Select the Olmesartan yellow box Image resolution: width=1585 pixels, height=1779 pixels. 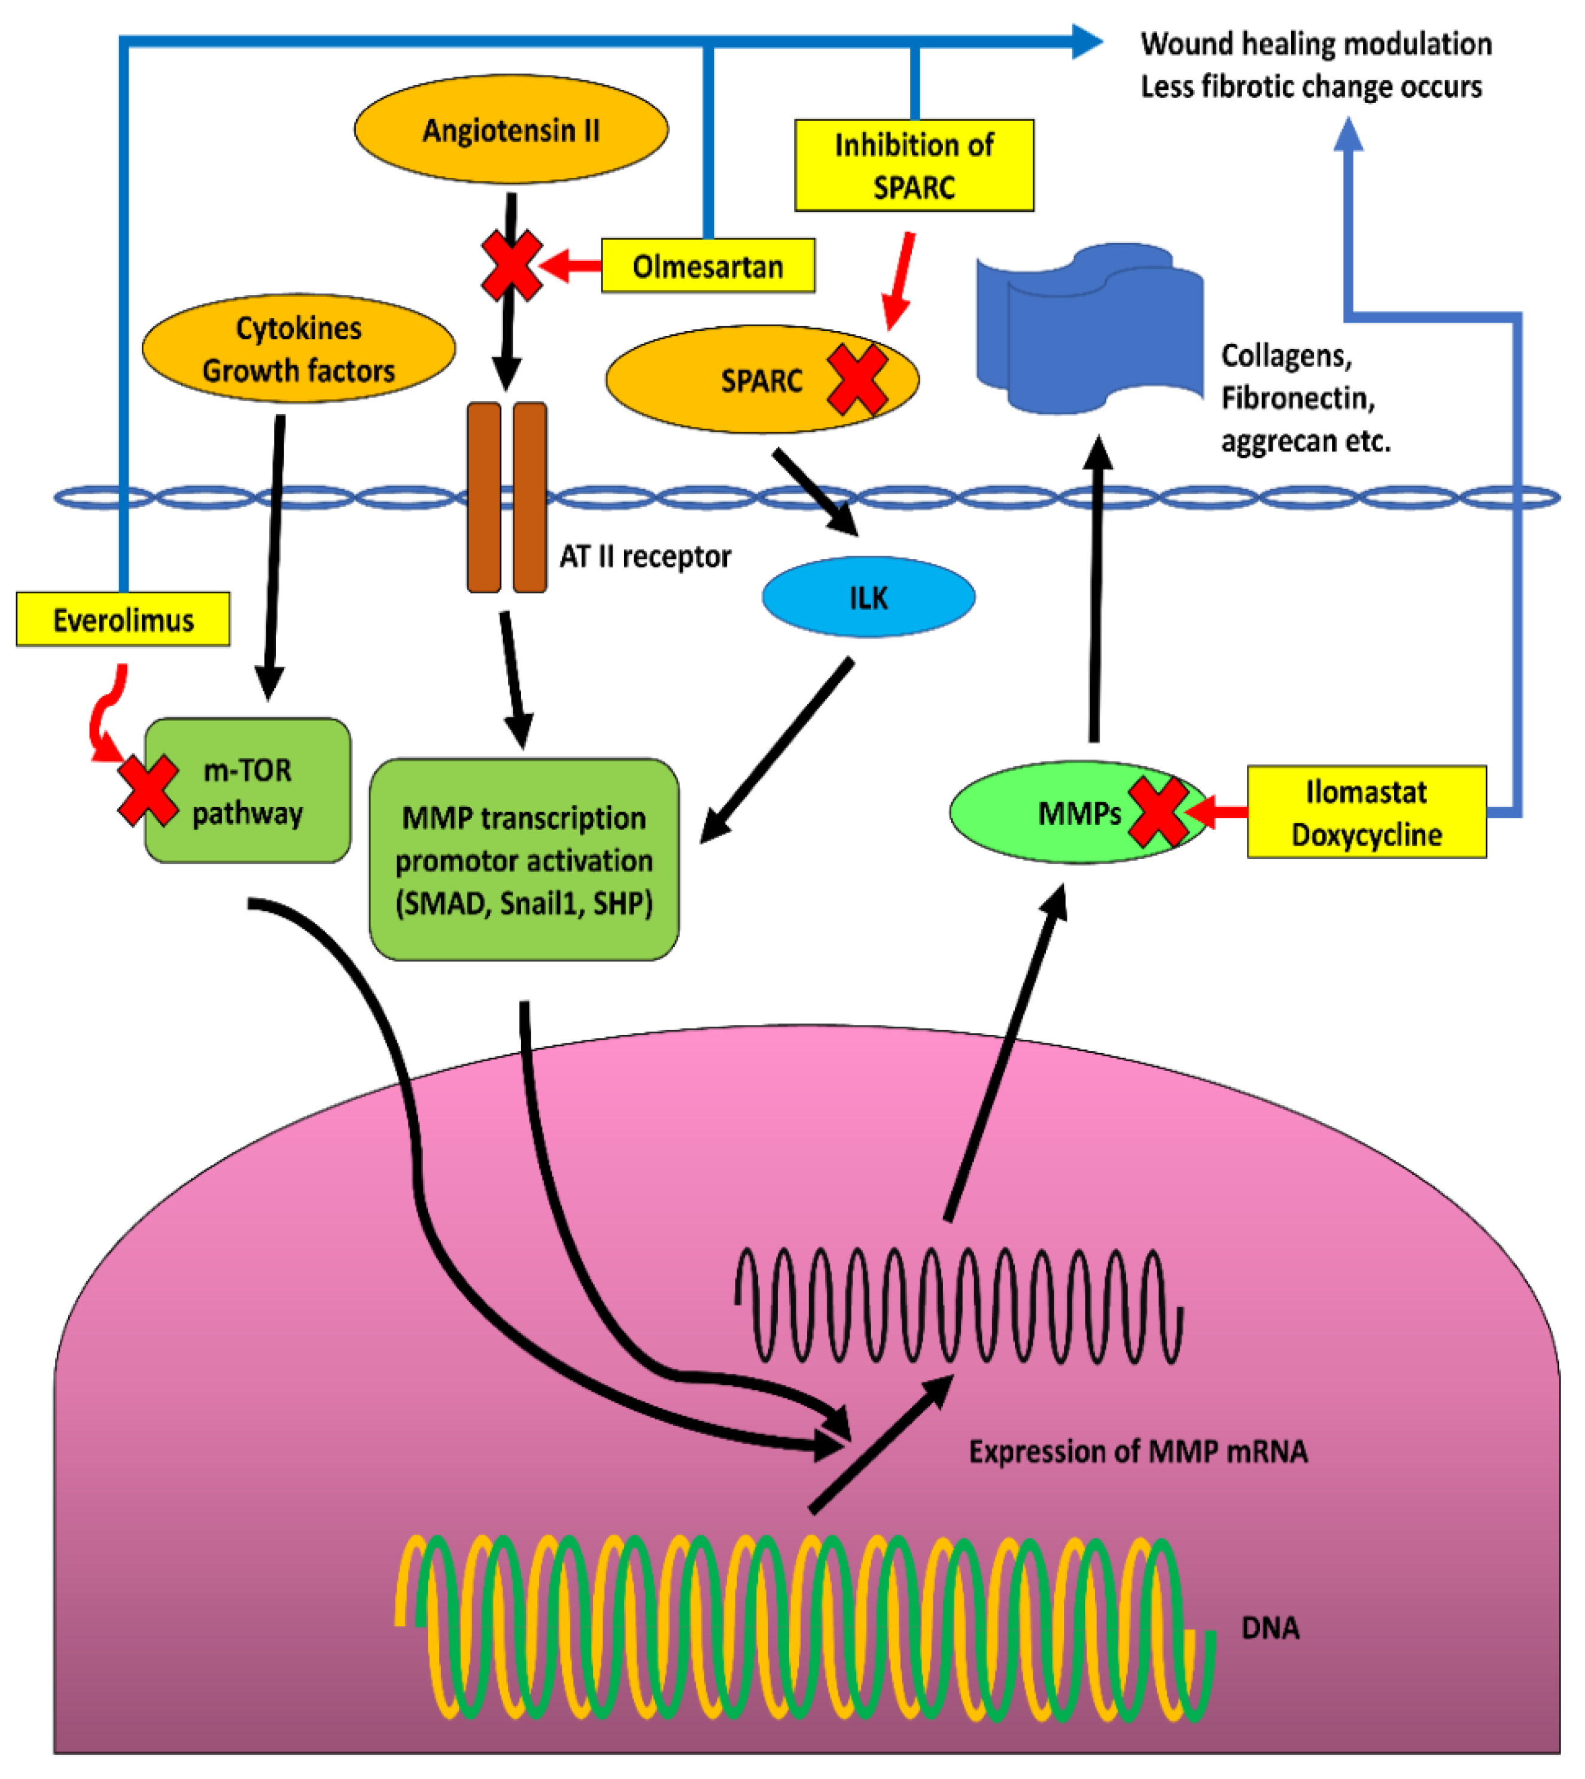point(707,266)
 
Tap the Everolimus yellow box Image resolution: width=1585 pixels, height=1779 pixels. point(123,620)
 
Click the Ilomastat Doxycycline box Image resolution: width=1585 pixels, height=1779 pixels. point(1365,812)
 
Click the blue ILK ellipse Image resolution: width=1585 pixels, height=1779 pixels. point(868,597)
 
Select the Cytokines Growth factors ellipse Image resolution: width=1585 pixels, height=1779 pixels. point(298,348)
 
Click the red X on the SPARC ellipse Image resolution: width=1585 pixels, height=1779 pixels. point(857,379)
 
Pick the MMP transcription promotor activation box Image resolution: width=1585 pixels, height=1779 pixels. point(524,860)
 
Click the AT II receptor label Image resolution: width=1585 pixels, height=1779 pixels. point(644,556)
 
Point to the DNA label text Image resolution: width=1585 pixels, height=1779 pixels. point(1269,1628)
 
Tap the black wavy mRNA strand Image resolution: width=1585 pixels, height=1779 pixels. point(958,1307)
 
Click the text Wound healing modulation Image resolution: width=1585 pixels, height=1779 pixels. point(1315,44)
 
